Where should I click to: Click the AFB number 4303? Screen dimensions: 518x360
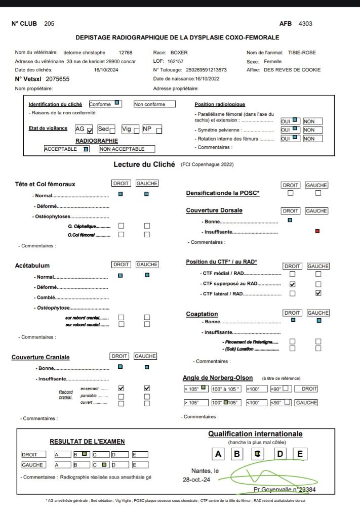coord(305,24)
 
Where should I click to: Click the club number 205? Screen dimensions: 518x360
coord(49,24)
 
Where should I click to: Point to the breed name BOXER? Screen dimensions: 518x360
coord(179,53)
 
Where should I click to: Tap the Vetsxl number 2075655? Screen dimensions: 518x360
coord(57,79)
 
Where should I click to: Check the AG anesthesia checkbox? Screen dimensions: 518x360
coord(90,130)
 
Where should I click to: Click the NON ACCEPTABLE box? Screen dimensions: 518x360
coord(127,149)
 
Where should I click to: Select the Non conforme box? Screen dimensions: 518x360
coord(154,104)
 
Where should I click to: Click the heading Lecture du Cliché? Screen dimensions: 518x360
coord(144,164)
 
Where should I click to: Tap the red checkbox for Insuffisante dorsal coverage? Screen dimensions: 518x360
coord(317,231)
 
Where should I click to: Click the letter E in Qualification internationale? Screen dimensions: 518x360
coord(300,454)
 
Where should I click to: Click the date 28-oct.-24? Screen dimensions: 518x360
coord(195,479)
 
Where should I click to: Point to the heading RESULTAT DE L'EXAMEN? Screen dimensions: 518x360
coord(87,442)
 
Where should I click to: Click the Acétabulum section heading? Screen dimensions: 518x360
coord(32,265)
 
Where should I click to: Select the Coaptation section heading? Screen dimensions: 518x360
coord(202,314)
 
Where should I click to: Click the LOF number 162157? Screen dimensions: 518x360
coord(175,61)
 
